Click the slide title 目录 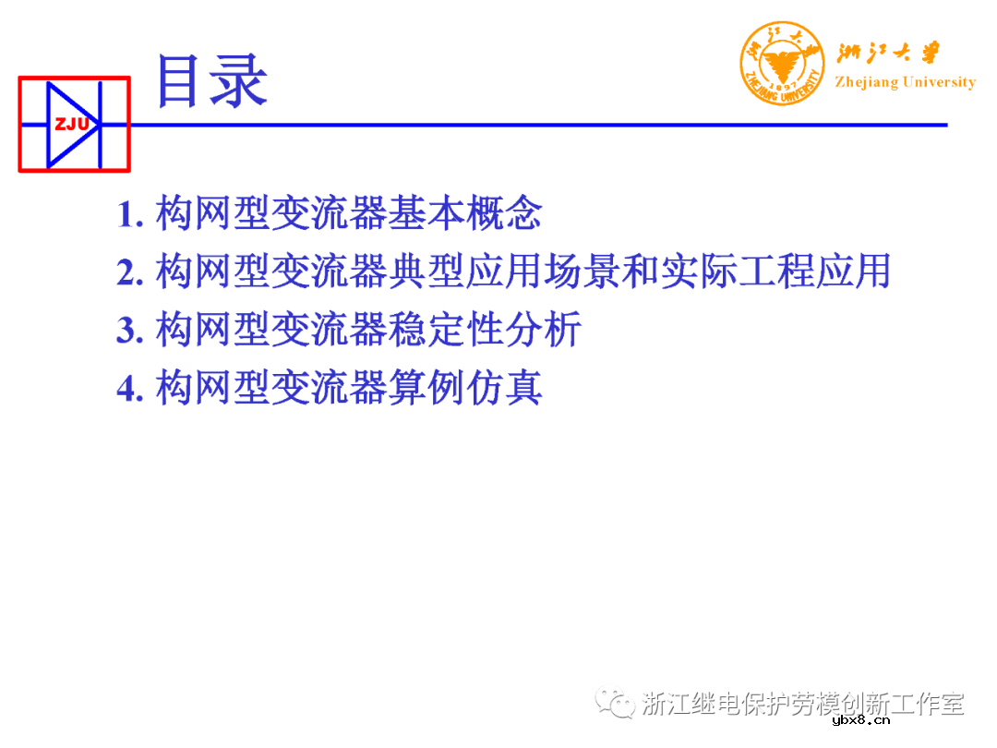tap(212, 80)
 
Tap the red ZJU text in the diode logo tap(71, 124)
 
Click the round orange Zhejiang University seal tap(781, 63)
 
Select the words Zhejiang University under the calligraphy tap(905, 82)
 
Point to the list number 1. tap(128, 214)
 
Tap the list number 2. tap(128, 271)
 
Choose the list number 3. tap(128, 330)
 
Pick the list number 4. tap(128, 388)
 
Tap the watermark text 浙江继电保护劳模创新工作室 tap(802, 705)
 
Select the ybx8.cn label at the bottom tap(860, 720)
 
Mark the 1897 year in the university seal tap(781, 81)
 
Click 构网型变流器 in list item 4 tap(271, 388)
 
